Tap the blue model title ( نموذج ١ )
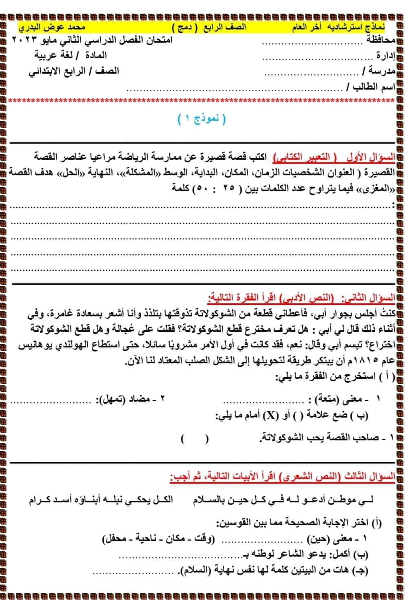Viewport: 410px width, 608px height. point(202,119)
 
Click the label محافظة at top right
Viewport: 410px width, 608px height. point(380,41)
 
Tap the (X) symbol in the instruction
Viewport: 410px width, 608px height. point(270,416)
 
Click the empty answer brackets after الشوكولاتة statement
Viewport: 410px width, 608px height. point(195,439)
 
